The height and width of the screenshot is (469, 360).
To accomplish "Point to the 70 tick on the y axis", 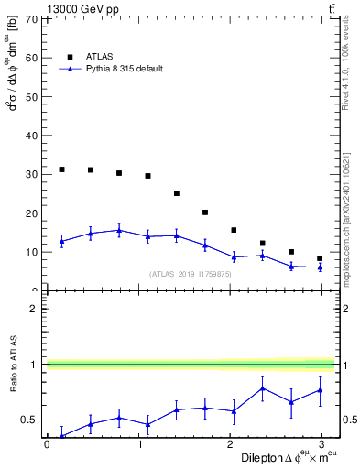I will click(32, 18).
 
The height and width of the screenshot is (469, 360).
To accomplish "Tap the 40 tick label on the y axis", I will click(32, 136).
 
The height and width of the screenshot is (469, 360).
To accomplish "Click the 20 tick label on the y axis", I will click(32, 213).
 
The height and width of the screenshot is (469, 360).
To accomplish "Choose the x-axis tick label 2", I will click(233, 444).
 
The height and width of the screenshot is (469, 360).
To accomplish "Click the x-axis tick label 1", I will click(139, 444).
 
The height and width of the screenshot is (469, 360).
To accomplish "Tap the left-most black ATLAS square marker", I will click(61, 169).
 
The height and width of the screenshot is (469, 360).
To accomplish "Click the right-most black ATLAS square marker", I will click(320, 258).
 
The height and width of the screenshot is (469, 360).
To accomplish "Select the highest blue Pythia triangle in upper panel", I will click(119, 231).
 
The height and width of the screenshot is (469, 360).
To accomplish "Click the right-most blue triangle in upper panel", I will click(320, 267).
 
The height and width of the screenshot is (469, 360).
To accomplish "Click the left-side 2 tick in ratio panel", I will click(32, 309).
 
